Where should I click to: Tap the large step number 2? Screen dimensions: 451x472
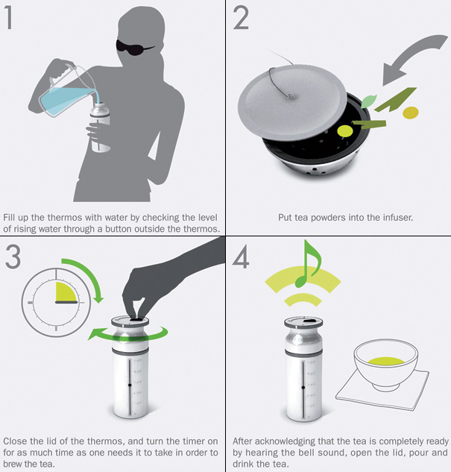click(241, 18)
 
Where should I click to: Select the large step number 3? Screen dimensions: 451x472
click(13, 257)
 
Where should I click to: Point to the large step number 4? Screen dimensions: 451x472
click(241, 257)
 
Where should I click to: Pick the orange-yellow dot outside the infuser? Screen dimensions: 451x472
click(411, 113)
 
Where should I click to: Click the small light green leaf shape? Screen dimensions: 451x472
click(368, 101)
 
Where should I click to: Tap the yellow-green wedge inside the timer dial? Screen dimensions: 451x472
click(66, 292)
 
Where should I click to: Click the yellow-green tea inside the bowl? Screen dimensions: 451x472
click(385, 361)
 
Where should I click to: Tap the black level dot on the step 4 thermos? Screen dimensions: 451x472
click(303, 388)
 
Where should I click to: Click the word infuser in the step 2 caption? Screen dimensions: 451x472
click(398, 217)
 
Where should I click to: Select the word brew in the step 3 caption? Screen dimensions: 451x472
click(14, 464)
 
